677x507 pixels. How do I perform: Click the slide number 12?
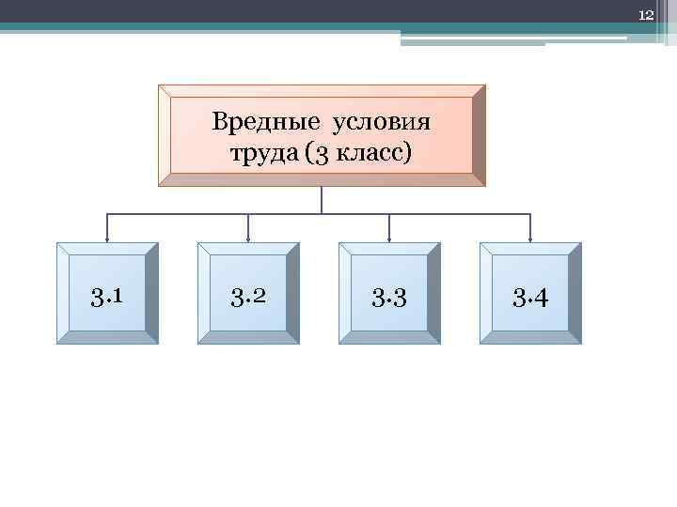646,15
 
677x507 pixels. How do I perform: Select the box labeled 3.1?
107,293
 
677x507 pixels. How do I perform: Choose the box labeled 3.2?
248,293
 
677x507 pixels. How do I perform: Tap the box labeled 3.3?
389,293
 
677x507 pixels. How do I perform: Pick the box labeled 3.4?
530,293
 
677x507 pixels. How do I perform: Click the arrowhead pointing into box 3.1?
107,238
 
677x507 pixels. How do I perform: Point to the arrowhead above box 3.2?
248,238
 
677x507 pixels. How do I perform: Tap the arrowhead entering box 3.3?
389,238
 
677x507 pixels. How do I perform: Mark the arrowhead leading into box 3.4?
530,238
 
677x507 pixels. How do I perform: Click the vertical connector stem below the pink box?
322,200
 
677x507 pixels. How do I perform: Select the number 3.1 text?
107,298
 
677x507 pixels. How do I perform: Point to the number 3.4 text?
530,298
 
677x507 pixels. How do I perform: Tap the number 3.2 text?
248,298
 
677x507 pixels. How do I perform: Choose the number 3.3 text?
389,298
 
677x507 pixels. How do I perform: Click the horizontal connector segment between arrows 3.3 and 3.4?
461,215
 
